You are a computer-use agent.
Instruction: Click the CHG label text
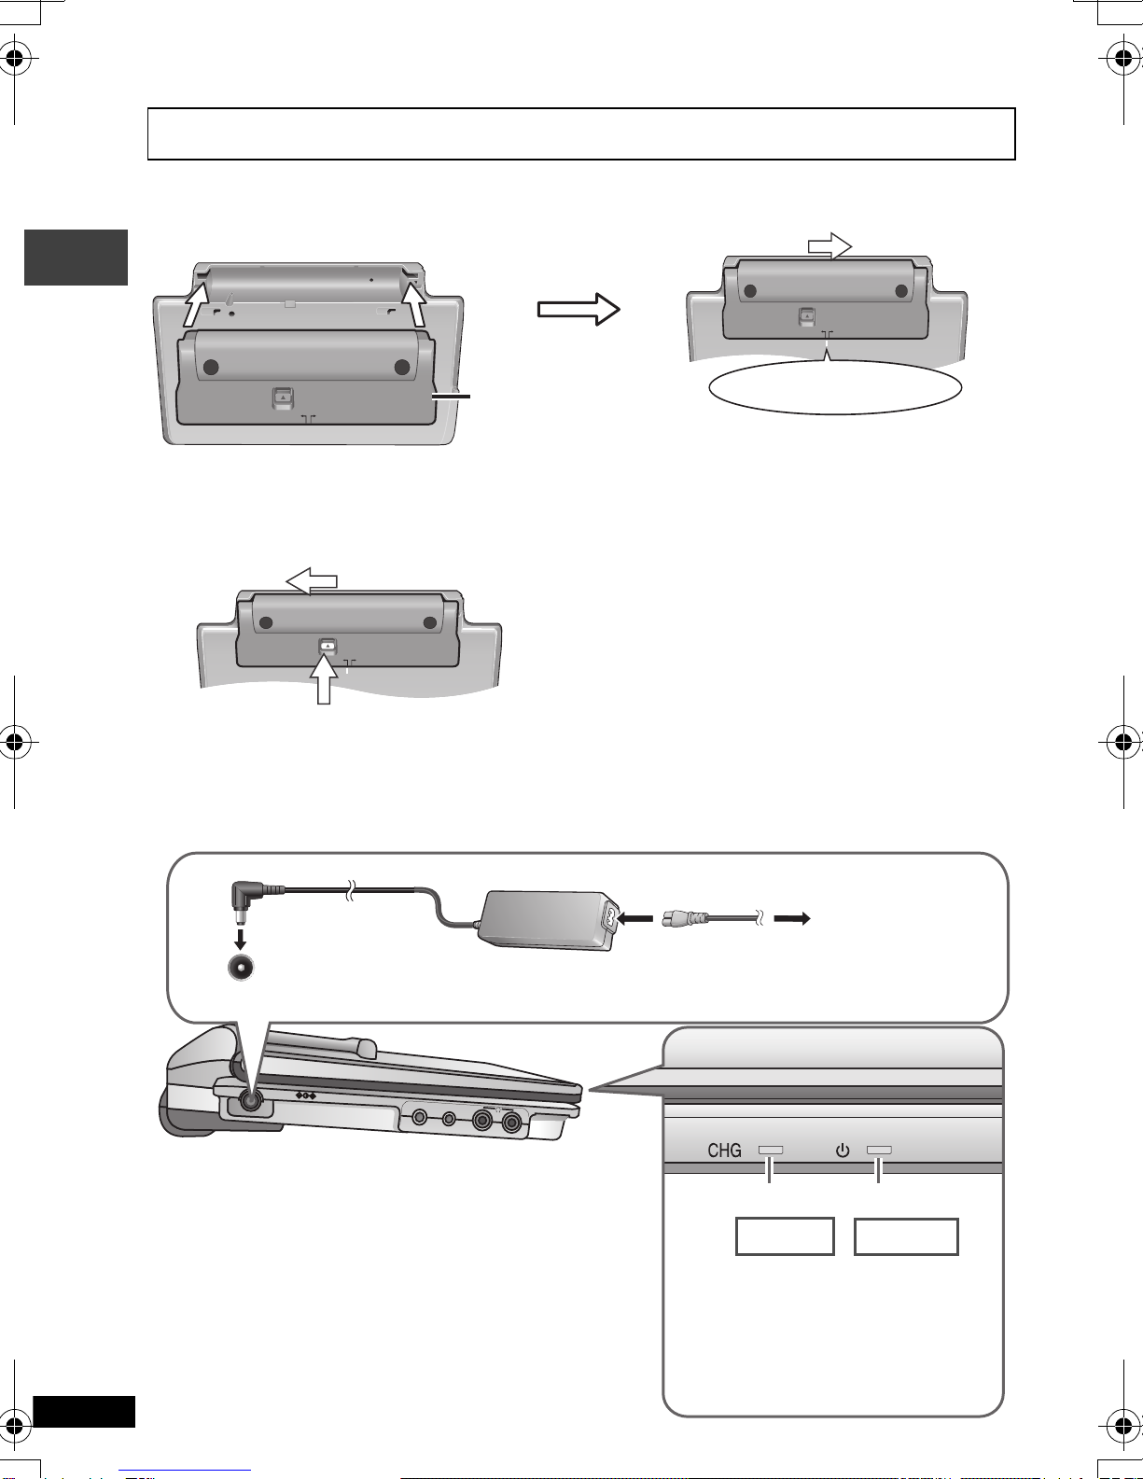(724, 1151)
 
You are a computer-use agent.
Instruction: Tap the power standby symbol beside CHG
(843, 1151)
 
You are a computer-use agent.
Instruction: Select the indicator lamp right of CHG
(771, 1150)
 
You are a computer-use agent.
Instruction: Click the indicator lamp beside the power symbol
(878, 1150)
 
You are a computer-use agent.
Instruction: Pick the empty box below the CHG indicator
(785, 1236)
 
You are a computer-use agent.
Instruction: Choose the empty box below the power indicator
(906, 1236)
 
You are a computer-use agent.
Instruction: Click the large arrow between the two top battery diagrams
(578, 310)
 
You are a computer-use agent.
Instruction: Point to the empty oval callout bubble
(835, 387)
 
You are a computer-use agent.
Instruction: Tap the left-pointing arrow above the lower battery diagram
(312, 580)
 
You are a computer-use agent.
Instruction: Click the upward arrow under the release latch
(324, 680)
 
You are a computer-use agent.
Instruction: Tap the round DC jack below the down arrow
(241, 967)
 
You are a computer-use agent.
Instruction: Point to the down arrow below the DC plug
(240, 940)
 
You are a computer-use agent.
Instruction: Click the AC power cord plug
(684, 918)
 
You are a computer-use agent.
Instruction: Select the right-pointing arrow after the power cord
(792, 919)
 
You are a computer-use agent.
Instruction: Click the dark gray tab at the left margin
(77, 258)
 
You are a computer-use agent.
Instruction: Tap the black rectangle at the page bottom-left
(84, 1411)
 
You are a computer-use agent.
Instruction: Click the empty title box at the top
(581, 133)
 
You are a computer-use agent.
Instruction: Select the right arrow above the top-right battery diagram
(829, 245)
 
